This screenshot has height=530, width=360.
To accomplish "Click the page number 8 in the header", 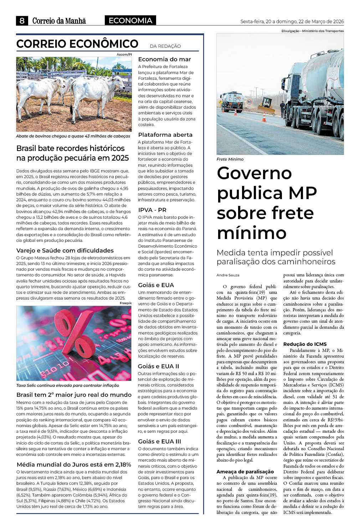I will [x=22, y=21].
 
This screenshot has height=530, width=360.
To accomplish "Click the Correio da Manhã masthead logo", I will [x=59, y=21].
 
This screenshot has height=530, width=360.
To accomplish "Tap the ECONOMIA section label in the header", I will [x=130, y=21].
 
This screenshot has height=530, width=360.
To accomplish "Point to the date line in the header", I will [x=292, y=21].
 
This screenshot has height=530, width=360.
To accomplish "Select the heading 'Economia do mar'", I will [x=164, y=59].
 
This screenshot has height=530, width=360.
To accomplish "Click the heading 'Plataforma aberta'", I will [x=165, y=135].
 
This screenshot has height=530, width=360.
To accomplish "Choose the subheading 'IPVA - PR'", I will [x=152, y=210].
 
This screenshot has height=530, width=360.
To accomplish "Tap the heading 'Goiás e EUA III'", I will [x=159, y=441].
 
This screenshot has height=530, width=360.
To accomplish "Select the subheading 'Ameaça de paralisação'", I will [x=245, y=472].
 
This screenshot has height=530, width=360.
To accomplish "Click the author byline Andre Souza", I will [x=228, y=275].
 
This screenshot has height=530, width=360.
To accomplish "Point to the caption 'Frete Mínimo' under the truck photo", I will [x=230, y=159].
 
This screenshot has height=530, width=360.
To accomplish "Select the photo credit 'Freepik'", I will [x=125, y=303].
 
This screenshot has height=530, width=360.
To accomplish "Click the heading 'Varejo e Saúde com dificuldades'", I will [x=65, y=250].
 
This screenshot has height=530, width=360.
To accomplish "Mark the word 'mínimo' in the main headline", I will [x=252, y=233].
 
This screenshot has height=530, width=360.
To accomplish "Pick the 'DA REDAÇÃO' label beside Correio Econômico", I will [x=165, y=46].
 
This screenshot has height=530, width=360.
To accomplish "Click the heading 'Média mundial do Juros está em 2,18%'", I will [x=74, y=464].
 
